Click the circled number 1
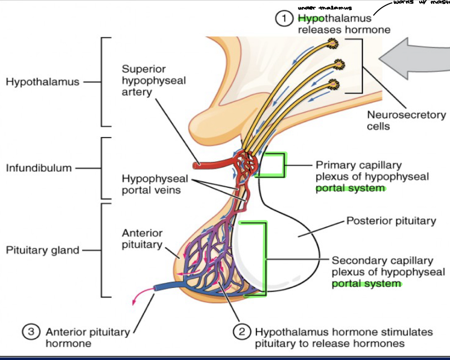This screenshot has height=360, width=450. [285, 19]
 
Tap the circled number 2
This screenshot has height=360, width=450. [242, 332]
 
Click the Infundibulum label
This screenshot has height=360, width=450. [39, 168]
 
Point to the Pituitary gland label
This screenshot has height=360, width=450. [43, 250]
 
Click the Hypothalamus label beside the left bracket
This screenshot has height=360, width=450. [43, 82]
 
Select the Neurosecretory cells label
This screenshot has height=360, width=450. [406, 120]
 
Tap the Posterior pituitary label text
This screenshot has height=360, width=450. [391, 221]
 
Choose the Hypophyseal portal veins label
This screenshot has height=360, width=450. [155, 185]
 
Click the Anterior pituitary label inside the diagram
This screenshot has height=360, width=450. [142, 239]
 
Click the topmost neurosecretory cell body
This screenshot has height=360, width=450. [333, 43]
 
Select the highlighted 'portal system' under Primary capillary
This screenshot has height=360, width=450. [350, 188]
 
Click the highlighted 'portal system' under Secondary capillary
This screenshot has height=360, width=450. [366, 284]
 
